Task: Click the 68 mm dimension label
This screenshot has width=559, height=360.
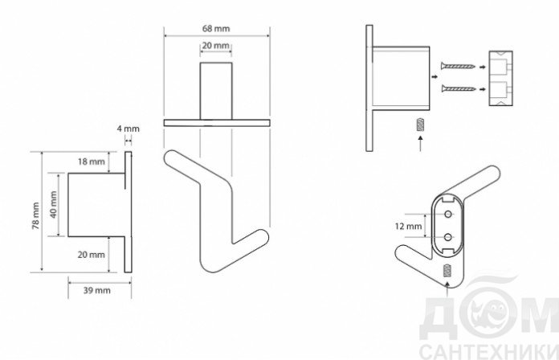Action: click(216, 29)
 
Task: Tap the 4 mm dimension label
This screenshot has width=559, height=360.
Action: click(128, 129)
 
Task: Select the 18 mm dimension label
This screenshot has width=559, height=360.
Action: click(92, 162)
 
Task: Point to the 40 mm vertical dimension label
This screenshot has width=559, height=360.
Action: click(54, 204)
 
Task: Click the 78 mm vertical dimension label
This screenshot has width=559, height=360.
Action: click(36, 215)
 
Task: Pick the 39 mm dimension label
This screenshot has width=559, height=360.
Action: click(97, 290)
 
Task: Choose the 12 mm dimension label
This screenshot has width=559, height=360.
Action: click(408, 226)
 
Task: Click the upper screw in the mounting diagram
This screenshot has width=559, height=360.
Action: click(458, 66)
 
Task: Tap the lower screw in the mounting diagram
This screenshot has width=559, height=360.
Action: click(458, 88)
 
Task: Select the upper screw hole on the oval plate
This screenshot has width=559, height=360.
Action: click(448, 215)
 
